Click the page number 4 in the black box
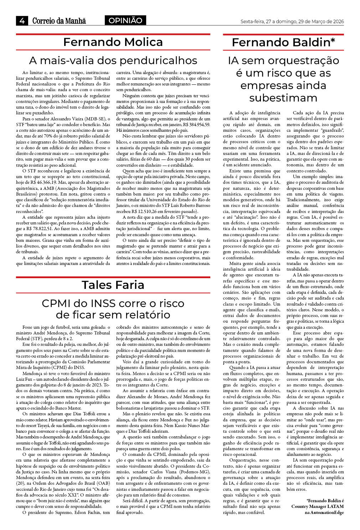pyautogui.click(x=22, y=21)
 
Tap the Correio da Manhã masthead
pyautogui.click(x=59, y=21)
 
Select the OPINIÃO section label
pyautogui.click(x=125, y=21)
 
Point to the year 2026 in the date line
pyautogui.click(x=337, y=21)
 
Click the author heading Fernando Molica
pyautogui.click(x=113, y=42)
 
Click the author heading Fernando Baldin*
pyautogui.click(x=283, y=42)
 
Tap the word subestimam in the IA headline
pyautogui.click(x=283, y=98)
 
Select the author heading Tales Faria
pyautogui.click(x=113, y=285)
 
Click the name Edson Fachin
pyautogui.click(x=88, y=513)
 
